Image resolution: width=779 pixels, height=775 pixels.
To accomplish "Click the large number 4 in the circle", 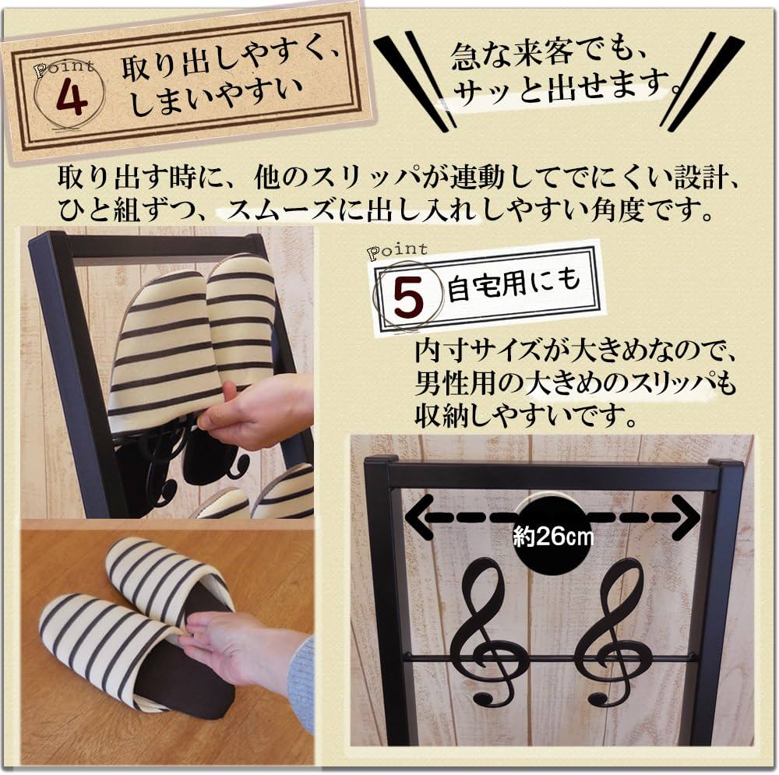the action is click(71, 98).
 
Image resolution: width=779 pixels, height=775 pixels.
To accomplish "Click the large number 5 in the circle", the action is click(408, 300).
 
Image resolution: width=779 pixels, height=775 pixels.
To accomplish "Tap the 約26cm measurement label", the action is click(553, 537).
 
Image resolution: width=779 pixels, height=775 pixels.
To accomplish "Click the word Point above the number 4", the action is click(64, 68).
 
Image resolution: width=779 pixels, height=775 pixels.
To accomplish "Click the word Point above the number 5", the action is click(397, 249).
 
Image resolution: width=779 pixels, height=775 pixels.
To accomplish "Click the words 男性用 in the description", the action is click(455, 383).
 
